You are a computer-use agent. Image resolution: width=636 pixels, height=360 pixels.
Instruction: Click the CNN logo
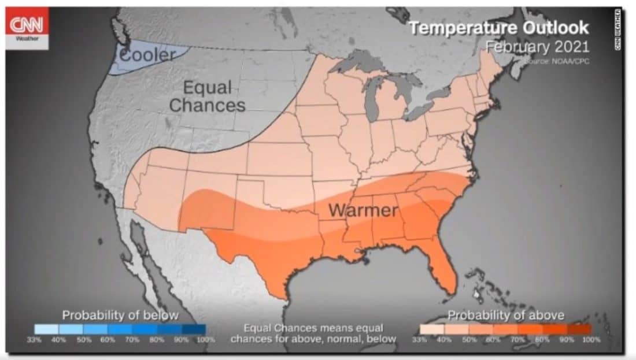tap(28, 27)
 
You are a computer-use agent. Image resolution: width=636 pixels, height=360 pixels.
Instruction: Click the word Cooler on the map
tap(147, 55)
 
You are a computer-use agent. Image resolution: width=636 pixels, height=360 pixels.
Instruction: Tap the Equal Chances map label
tap(206, 97)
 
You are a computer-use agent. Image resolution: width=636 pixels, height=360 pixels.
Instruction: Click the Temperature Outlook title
tap(499, 28)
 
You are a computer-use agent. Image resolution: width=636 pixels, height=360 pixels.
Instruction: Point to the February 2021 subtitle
tap(537, 47)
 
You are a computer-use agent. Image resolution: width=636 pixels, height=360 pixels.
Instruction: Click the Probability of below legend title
tap(120, 315)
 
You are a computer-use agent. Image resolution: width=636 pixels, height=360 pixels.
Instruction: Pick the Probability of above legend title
tap(506, 315)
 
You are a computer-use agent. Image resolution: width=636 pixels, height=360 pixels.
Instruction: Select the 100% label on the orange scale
tap(591, 340)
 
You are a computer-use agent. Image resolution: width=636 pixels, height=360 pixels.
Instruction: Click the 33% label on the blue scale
tap(34, 340)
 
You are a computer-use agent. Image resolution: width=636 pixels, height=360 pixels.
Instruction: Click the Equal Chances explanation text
tap(313, 333)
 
